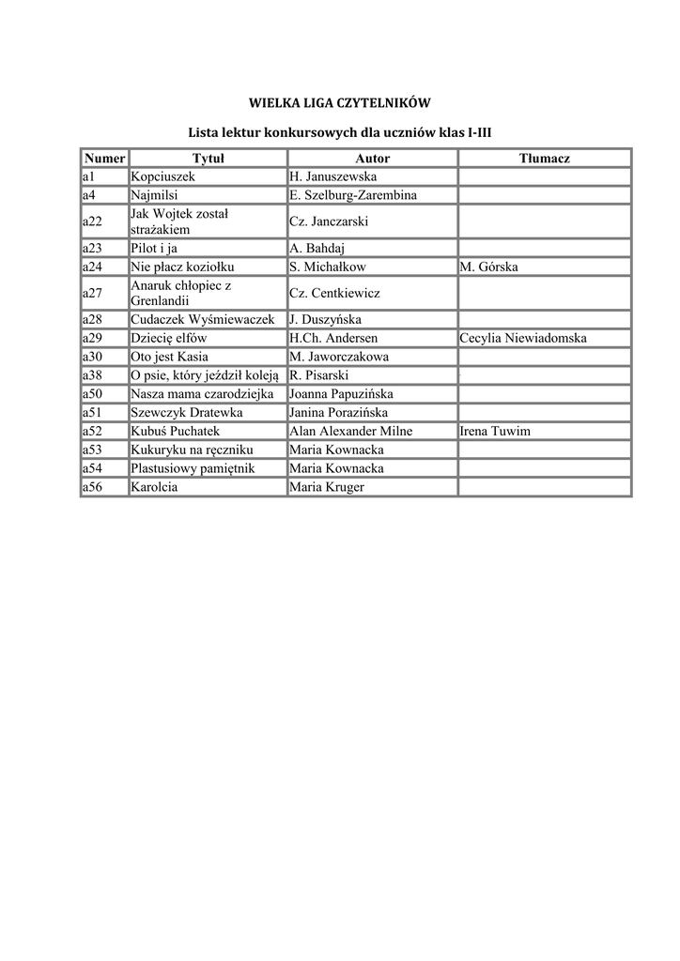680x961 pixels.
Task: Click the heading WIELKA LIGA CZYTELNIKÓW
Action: [339, 102]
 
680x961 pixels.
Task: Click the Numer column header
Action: [104, 159]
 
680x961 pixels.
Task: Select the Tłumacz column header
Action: [545, 159]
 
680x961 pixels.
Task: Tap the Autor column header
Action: [372, 159]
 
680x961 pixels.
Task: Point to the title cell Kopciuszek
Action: [162, 176]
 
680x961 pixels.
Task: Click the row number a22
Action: [92, 221]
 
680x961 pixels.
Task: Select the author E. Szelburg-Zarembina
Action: [353, 195]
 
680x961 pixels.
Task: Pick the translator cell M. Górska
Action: [488, 267]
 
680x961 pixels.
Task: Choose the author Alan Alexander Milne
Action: [351, 431]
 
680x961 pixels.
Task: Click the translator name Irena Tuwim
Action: [495, 431]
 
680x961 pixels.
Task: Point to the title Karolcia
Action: [155, 487]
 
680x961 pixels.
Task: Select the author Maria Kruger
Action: [327, 487]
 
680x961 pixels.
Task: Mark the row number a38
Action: [92, 375]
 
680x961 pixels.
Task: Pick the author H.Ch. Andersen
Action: [333, 338]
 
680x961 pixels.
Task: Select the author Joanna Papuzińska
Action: [341, 394]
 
